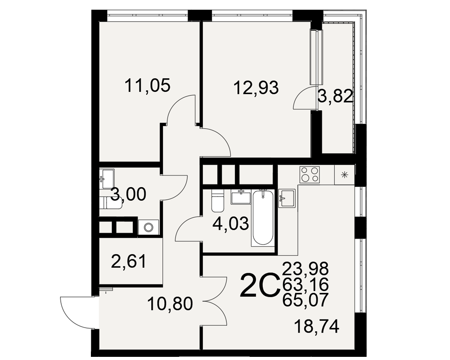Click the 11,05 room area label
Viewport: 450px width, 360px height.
(x=148, y=86)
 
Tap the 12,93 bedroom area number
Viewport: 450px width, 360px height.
(x=256, y=88)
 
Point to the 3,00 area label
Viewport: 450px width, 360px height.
(x=128, y=194)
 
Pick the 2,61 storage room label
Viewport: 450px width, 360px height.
(x=129, y=262)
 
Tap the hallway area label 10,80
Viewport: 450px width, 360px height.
(x=170, y=304)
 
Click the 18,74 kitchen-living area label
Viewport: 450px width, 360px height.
(x=317, y=327)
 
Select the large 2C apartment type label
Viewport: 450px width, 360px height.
(x=260, y=285)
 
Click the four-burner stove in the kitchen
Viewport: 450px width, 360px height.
(x=310, y=175)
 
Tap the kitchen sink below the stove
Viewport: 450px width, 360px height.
(x=287, y=198)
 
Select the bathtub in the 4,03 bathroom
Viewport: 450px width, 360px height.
(x=262, y=218)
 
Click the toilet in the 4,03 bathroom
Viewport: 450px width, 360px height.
(x=217, y=201)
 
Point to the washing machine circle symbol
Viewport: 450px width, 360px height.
(x=148, y=228)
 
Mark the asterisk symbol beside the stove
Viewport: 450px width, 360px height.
(x=345, y=175)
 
